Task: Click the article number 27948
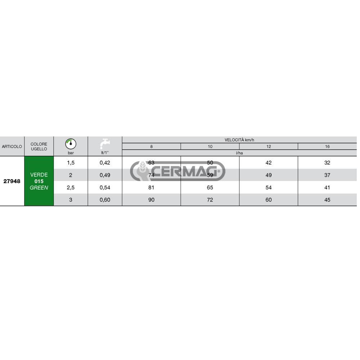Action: click(x=12, y=181)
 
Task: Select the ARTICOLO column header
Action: click(x=12, y=147)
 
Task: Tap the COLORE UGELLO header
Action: click(x=39, y=147)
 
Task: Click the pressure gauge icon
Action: click(x=71, y=144)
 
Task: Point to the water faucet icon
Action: click(x=105, y=144)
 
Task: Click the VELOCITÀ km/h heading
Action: click(x=239, y=140)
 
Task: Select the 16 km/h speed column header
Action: click(x=327, y=147)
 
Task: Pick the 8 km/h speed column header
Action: click(x=151, y=147)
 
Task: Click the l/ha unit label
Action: click(x=239, y=153)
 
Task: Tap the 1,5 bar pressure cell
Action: click(x=71, y=163)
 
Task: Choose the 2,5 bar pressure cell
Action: click(x=71, y=188)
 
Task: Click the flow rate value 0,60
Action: click(x=105, y=200)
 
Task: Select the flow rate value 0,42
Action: click(x=105, y=163)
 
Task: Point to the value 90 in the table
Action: click(x=151, y=200)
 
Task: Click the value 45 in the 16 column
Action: click(x=327, y=200)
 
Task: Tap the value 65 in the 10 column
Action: click(x=210, y=188)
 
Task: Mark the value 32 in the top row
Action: click(x=327, y=163)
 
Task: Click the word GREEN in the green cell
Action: click(x=39, y=188)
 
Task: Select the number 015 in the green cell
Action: click(x=39, y=181)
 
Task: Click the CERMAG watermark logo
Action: click(x=178, y=171)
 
